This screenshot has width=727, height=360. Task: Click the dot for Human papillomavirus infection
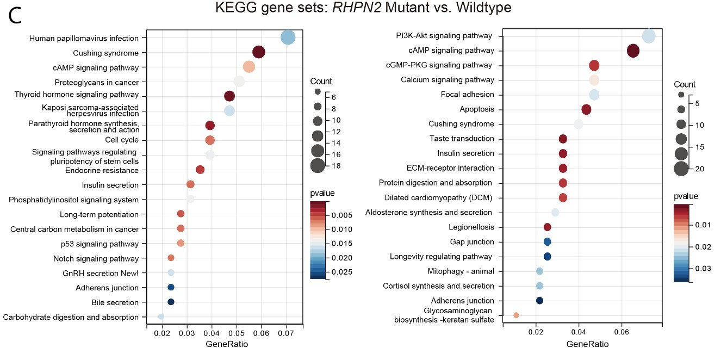point(288,38)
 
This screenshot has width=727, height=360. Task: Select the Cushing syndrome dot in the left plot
point(259,52)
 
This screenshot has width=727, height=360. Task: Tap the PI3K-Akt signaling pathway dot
point(649,36)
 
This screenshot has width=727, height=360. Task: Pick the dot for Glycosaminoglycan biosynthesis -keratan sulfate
point(516,315)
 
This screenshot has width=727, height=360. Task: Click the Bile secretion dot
point(171,302)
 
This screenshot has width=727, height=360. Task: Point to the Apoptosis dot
point(586,109)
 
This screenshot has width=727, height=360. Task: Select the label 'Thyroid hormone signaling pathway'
point(77,95)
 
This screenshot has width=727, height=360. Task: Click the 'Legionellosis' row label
point(471,227)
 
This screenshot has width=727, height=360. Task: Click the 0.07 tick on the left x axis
point(286,332)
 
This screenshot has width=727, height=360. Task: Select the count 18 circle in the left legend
point(318,166)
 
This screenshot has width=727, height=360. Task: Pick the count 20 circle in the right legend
point(681,169)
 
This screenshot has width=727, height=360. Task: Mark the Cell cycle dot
point(210,140)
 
